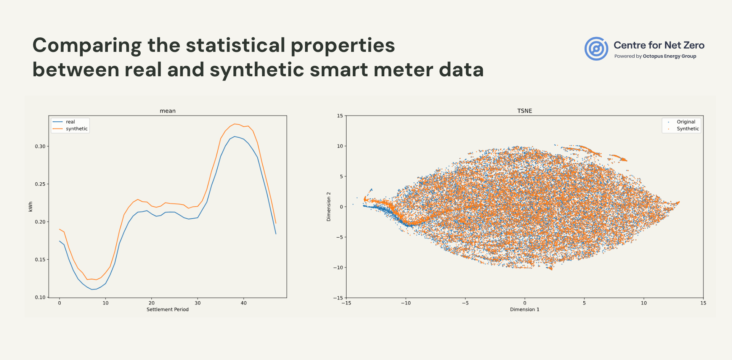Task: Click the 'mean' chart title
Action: pos(168,111)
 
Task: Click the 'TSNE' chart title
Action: pos(525,111)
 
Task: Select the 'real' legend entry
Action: pos(70,122)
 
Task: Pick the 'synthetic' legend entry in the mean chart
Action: pos(76,129)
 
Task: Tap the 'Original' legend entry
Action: pos(686,122)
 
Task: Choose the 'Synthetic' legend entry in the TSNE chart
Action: pos(688,129)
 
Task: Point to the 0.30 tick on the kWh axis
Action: pos(40,146)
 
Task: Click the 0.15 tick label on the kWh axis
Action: pos(40,260)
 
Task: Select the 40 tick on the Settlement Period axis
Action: pos(244,303)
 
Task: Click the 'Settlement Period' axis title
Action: pos(168,310)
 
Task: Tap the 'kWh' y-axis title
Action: pos(30,207)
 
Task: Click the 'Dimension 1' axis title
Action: pos(525,310)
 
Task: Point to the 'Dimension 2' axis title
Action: pos(329,207)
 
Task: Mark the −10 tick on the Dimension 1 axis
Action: pos(406,303)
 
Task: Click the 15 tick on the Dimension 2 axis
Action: pos(340,116)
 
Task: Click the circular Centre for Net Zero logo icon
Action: pos(596,49)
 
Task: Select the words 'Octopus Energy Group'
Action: pos(669,56)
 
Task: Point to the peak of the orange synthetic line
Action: pos(234,124)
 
